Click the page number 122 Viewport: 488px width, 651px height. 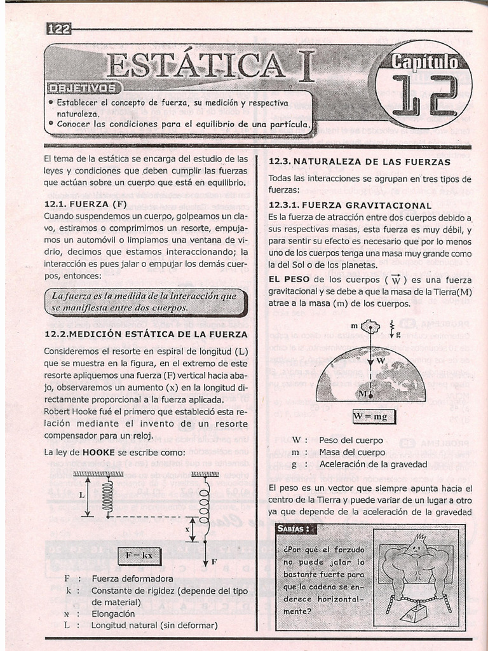tap(59, 29)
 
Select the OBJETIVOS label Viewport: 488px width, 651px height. tap(82, 88)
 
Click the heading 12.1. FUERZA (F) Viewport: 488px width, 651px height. tap(86, 204)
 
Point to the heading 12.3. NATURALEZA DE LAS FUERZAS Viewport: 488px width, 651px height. tap(359, 162)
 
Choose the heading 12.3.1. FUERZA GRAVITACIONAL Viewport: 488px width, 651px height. tap(350, 205)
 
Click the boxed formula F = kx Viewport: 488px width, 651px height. tap(139, 555)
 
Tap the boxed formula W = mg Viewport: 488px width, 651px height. tap(374, 416)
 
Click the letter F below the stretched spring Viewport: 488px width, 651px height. tap(214, 562)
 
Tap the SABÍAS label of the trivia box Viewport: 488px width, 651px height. tap(294, 529)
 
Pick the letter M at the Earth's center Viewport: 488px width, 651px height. tap(363, 394)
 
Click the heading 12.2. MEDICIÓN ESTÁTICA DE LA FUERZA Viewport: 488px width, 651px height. tap(146, 334)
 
